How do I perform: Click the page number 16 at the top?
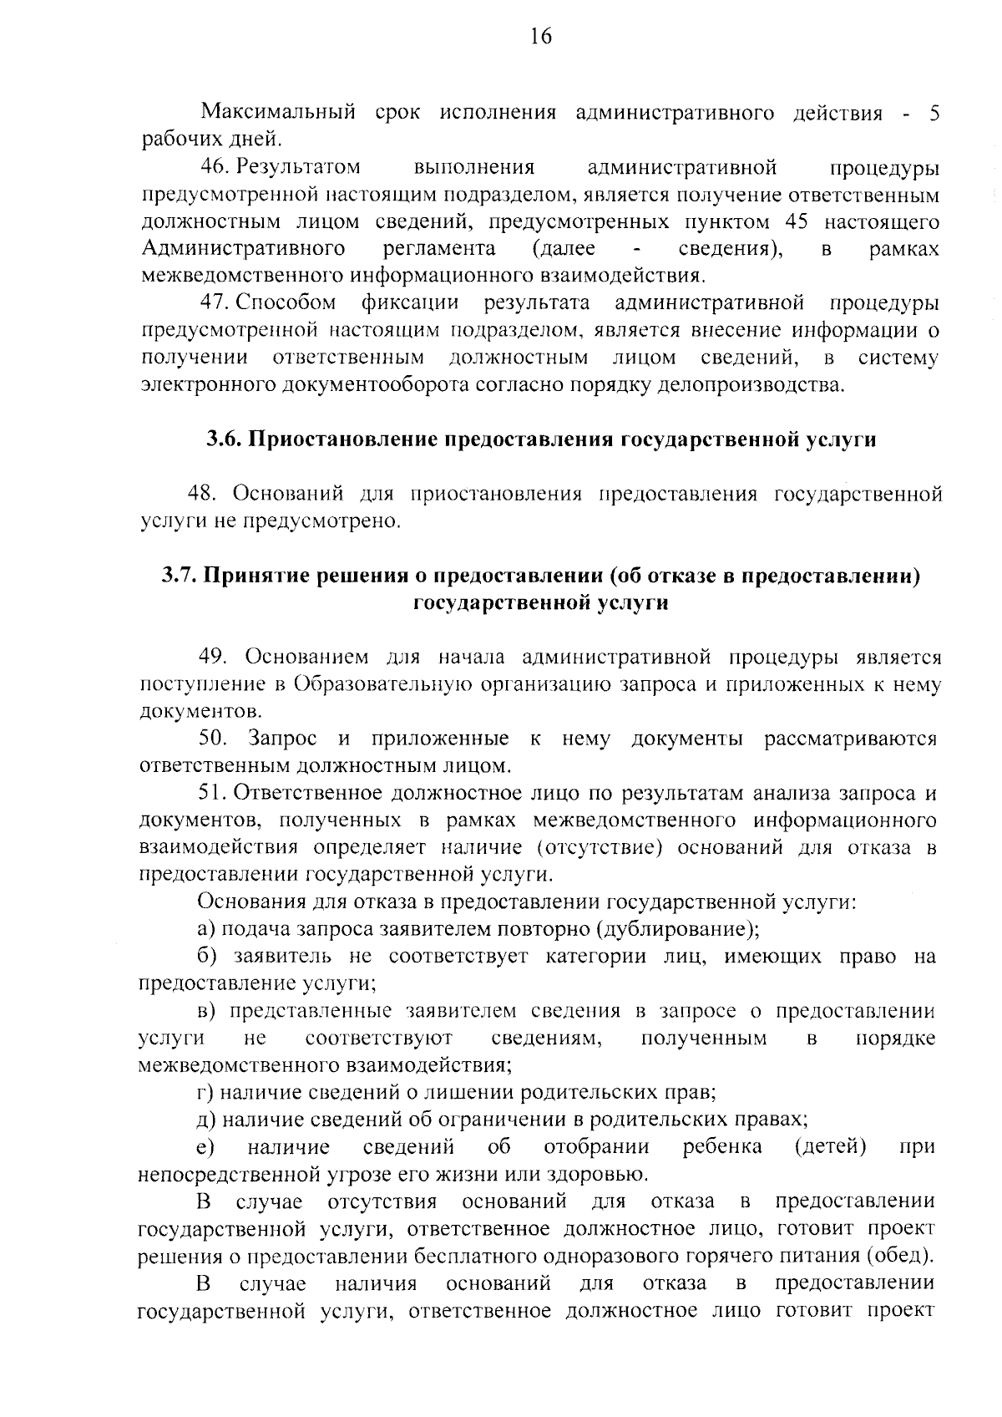pos(540,36)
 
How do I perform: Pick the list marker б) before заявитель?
pos(207,956)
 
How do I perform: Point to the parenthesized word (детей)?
pos(830,1146)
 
